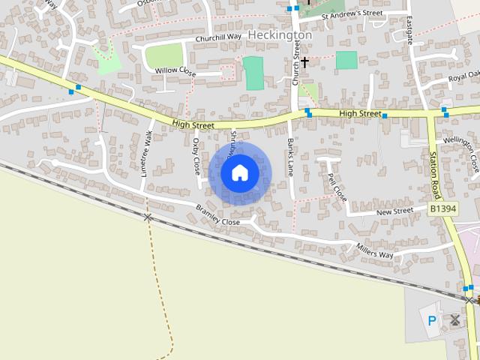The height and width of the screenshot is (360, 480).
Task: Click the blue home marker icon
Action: (239, 173)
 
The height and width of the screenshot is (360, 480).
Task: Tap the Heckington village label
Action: (279, 35)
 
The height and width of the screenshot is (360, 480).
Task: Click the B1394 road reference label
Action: (442, 208)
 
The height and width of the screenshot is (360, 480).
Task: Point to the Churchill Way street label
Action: (218, 37)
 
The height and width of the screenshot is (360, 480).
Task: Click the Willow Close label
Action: (175, 71)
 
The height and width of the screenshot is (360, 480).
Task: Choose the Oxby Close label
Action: (196, 152)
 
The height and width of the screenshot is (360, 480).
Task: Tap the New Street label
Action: (394, 212)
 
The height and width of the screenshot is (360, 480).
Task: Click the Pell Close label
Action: (337, 187)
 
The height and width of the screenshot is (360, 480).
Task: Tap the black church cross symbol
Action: (305, 61)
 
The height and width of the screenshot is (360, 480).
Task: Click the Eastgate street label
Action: (409, 31)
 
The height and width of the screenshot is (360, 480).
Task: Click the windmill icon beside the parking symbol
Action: (454, 320)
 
